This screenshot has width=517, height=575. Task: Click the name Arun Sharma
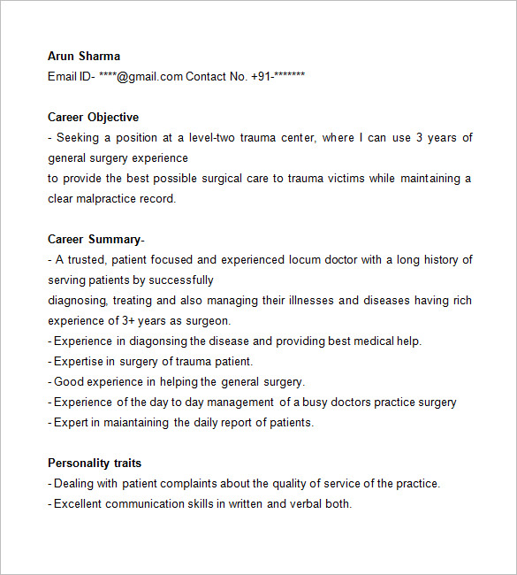click(84, 56)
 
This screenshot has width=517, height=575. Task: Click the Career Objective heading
click(93, 117)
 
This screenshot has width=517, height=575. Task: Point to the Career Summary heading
click(94, 239)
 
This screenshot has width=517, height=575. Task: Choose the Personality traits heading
click(95, 463)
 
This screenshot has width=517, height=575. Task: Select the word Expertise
click(79, 361)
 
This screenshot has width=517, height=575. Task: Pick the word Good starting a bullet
click(68, 381)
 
